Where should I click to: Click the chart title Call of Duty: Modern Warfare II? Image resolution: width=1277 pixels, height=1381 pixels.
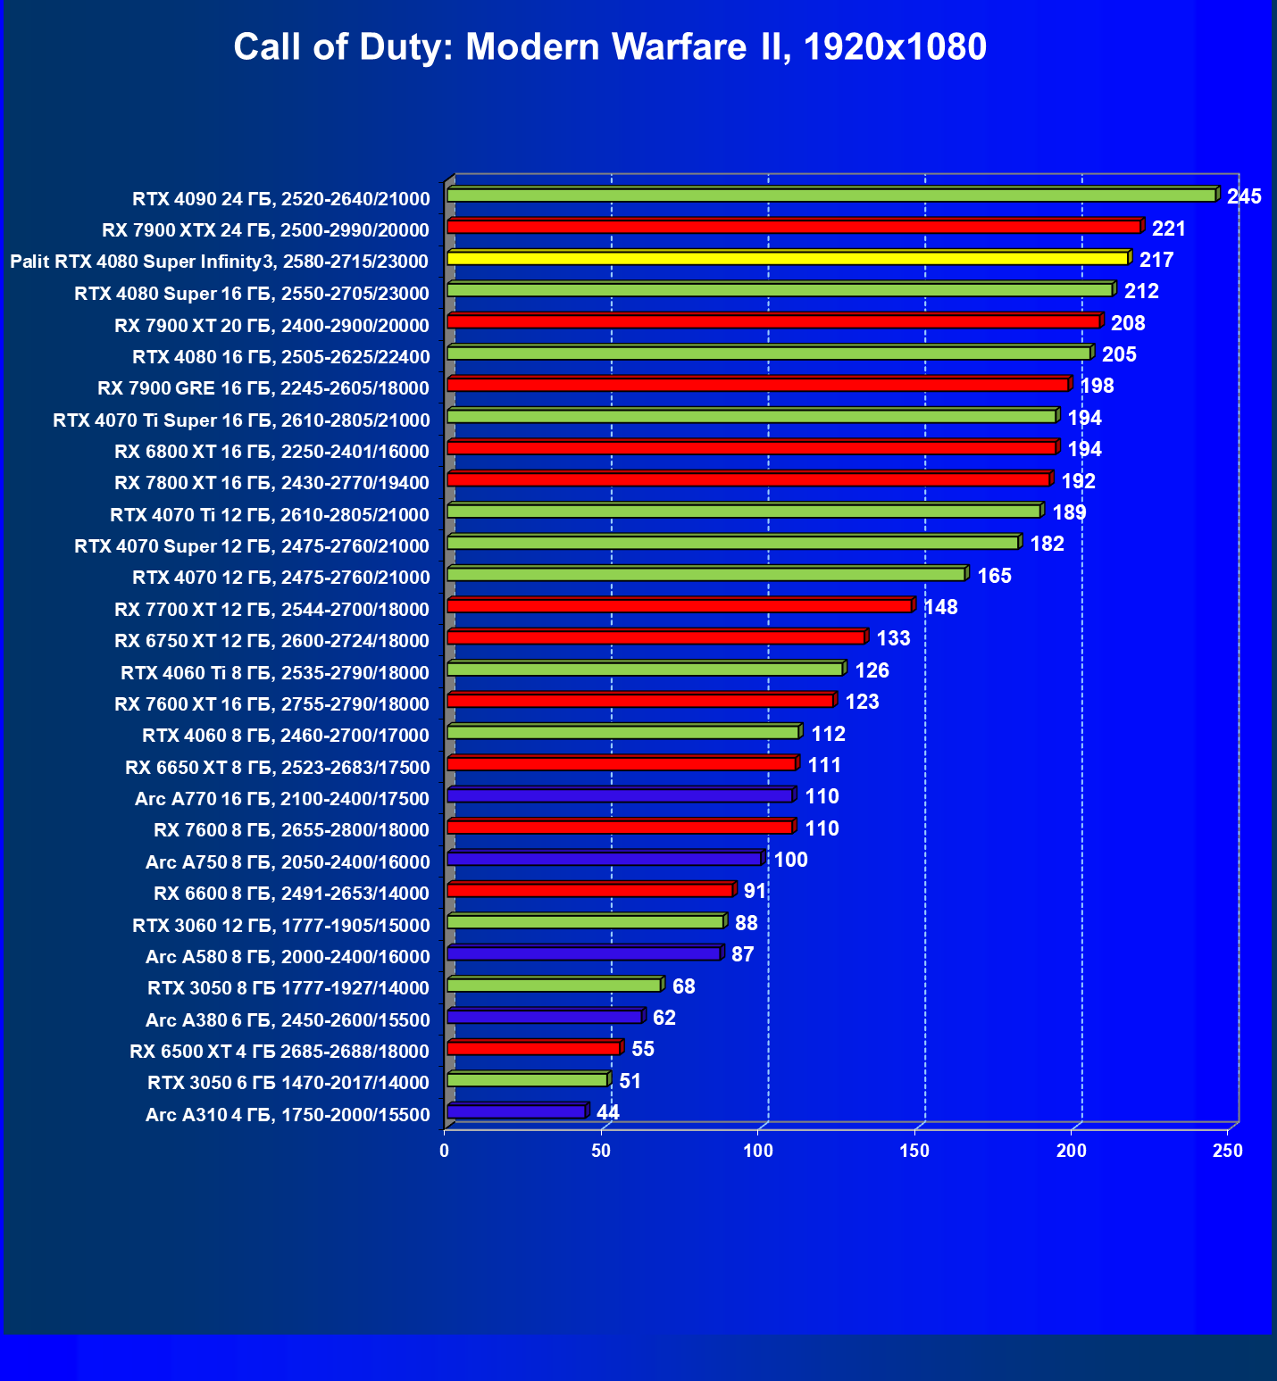(610, 46)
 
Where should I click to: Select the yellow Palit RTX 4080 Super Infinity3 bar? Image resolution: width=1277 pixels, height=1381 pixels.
(788, 258)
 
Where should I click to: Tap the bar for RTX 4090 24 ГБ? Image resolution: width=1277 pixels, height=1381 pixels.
(830, 196)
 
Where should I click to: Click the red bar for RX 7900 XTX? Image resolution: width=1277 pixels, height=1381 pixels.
(794, 227)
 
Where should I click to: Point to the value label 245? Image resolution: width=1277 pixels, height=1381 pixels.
(1244, 196)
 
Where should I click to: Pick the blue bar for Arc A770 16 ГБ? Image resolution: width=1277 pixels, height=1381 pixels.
(620, 795)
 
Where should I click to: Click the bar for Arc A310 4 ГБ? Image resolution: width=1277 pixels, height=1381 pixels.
(516, 1111)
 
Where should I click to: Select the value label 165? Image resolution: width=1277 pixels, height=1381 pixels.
(994, 576)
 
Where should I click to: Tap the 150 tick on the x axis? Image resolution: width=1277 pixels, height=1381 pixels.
(914, 1152)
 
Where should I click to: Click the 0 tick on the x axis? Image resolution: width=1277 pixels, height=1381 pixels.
(445, 1152)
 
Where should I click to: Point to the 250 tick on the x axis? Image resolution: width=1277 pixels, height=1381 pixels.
(1228, 1152)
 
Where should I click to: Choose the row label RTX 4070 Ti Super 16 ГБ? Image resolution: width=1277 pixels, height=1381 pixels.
(241, 420)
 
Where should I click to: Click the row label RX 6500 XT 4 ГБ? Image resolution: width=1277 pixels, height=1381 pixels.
(280, 1052)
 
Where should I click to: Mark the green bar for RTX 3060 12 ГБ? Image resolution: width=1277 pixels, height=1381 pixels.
(585, 921)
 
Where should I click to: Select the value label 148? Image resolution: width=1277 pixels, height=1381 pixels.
(940, 608)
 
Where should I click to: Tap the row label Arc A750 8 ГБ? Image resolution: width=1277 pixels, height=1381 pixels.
(288, 862)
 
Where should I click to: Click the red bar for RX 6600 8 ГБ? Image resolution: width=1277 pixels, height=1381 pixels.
(589, 890)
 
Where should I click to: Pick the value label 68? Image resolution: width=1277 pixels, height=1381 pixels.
(683, 986)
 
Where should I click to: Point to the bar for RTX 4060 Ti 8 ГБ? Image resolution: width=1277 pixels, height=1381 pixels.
(645, 669)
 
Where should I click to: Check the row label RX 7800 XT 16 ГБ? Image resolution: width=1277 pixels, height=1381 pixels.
(272, 483)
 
